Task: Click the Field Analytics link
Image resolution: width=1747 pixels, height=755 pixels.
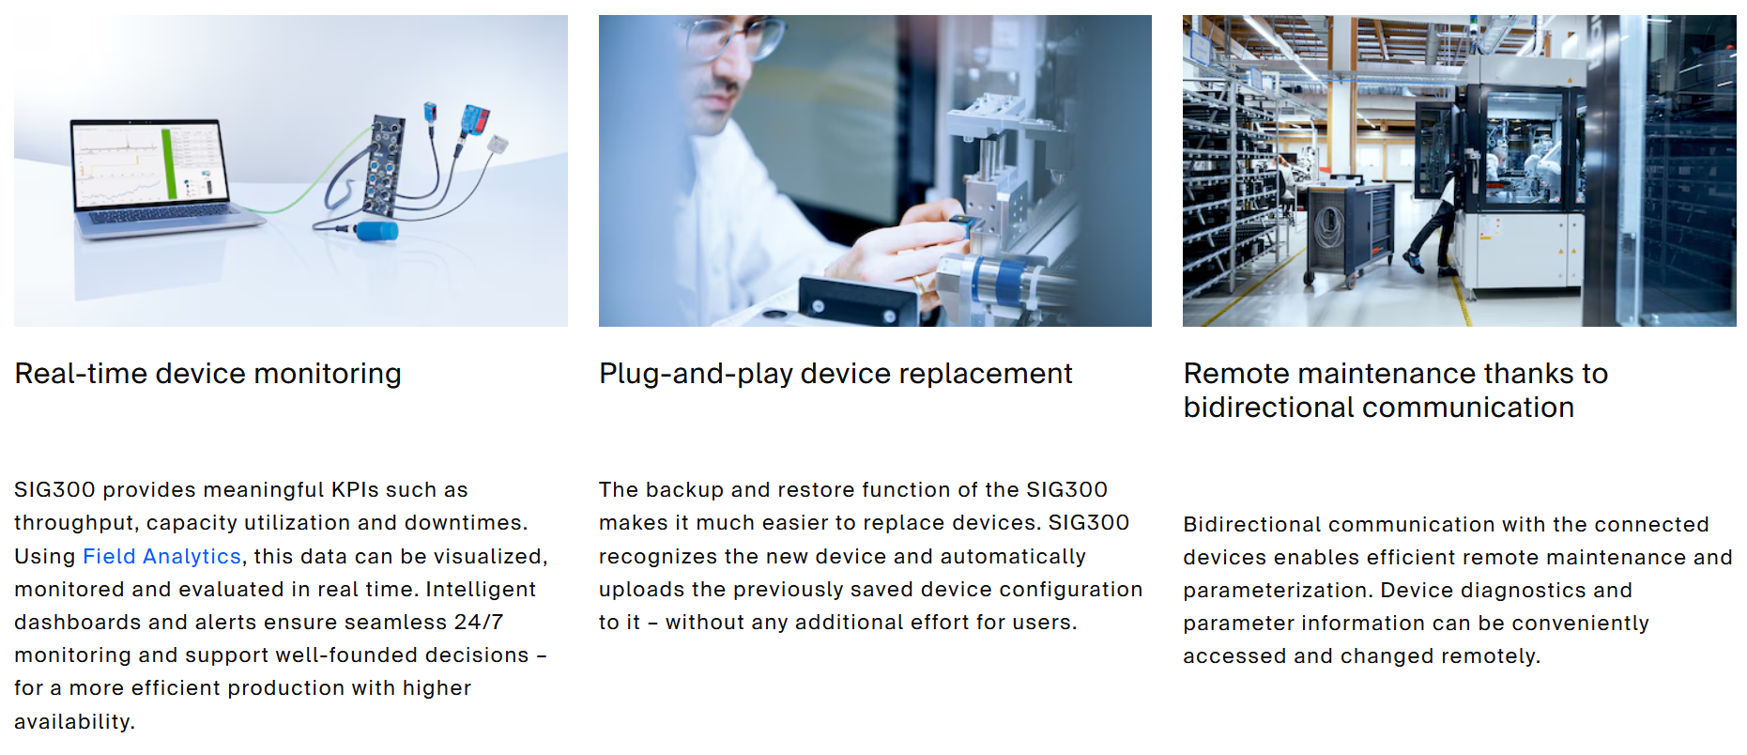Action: (x=161, y=556)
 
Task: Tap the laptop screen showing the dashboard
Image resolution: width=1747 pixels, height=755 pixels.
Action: (x=150, y=164)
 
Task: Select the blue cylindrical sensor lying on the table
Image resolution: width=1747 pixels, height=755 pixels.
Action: (x=376, y=231)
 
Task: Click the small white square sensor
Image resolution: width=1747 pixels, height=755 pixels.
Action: (x=498, y=144)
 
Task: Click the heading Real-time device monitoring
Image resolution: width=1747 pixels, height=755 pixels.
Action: (x=208, y=374)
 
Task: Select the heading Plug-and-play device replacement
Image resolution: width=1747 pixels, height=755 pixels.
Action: (x=835, y=374)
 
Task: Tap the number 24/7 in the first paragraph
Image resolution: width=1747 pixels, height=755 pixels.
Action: (x=479, y=622)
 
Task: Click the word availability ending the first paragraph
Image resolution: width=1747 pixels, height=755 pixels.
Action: (x=74, y=721)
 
